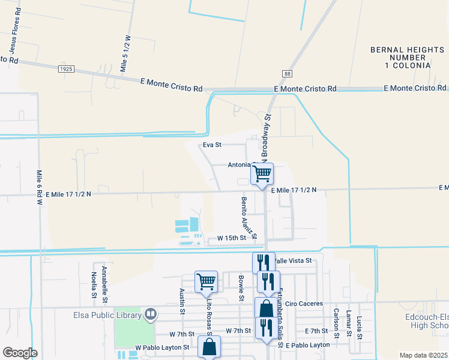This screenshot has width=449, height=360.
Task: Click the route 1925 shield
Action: click(67, 70)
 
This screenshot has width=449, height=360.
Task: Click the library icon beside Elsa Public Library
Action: click(151, 313)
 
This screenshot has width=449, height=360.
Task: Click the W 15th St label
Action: click(232, 238)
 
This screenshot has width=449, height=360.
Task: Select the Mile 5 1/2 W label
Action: click(125, 53)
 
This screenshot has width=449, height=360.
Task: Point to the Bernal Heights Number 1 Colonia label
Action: click(400, 58)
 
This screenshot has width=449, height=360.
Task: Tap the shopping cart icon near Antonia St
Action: click(262, 174)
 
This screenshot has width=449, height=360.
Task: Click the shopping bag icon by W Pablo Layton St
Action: click(209, 347)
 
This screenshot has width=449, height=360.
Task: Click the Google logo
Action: click(20, 352)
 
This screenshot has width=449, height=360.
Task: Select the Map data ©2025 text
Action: click(423, 355)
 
